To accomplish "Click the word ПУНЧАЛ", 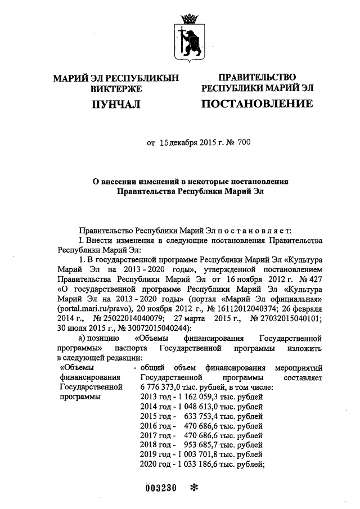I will coord(115,104).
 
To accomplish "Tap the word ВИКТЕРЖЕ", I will coord(115,88).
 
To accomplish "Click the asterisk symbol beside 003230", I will coord(195,488).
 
